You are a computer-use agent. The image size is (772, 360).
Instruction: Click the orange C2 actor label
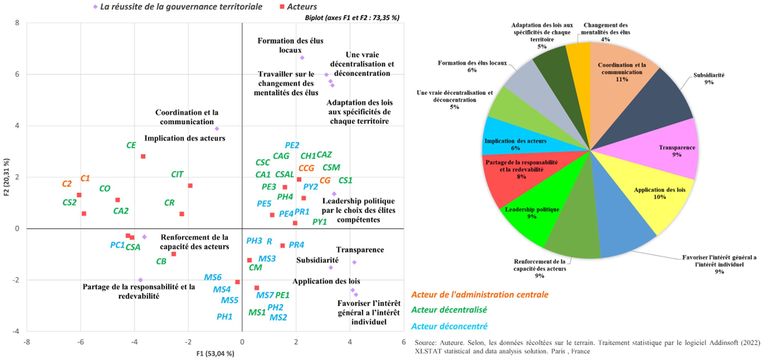(x=67, y=184)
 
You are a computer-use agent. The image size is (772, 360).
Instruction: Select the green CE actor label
(x=131, y=145)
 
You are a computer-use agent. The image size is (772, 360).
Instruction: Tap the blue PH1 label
(x=225, y=317)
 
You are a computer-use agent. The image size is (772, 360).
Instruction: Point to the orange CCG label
(x=306, y=168)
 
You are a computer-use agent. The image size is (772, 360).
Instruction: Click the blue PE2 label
(x=292, y=145)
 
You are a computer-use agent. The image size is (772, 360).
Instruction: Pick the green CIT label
(x=177, y=174)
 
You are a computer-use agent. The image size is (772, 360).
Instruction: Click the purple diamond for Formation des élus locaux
(x=302, y=58)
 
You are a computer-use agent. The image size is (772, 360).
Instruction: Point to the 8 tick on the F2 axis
(x=17, y=23)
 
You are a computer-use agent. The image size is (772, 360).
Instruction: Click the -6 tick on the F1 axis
(x=80, y=342)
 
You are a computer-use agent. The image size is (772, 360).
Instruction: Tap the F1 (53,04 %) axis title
(x=215, y=354)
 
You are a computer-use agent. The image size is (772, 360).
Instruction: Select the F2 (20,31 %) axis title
(x=6, y=177)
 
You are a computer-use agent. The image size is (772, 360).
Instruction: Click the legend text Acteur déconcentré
(x=449, y=326)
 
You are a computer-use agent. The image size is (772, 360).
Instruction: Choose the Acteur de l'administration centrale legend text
(x=480, y=295)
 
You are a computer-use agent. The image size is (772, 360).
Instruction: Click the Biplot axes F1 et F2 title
(x=352, y=18)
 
